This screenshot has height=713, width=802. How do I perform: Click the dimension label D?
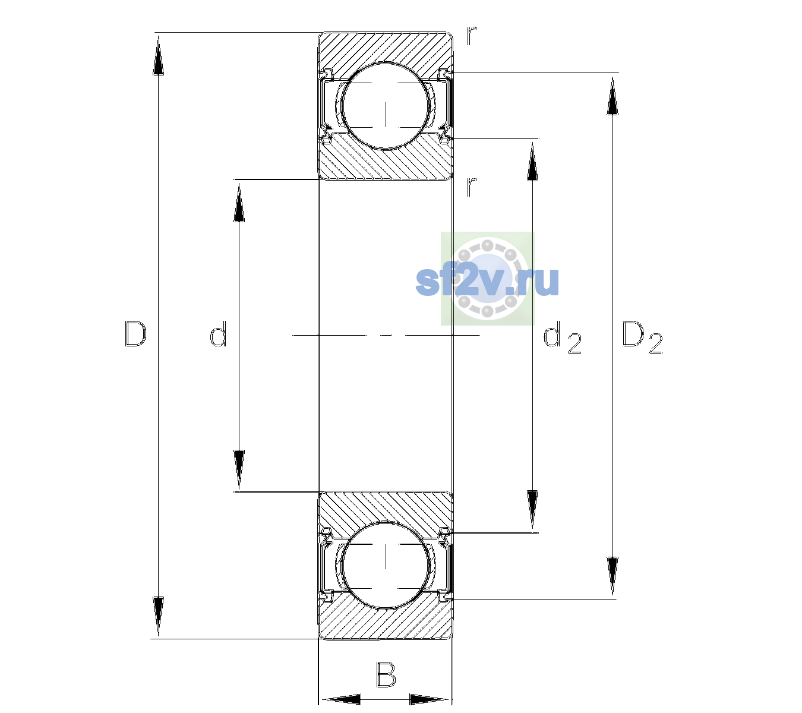tap(135, 334)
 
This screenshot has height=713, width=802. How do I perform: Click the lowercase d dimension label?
tap(218, 334)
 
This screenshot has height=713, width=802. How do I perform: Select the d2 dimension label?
tap(562, 337)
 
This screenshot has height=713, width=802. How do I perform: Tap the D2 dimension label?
tap(642, 337)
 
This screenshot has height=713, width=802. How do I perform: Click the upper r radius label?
tap(472, 36)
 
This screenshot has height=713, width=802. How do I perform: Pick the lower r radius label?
tap(472, 187)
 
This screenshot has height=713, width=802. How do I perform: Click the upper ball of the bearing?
tap(386, 106)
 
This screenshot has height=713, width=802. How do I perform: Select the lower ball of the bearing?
tap(386, 564)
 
